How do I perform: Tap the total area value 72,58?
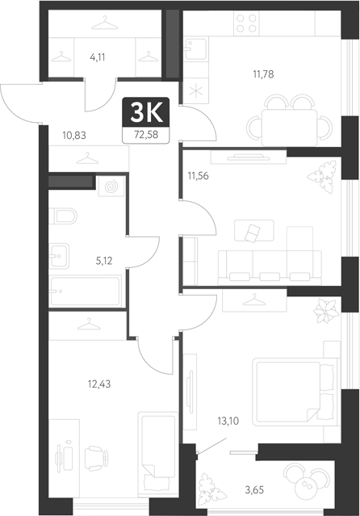point(146,134)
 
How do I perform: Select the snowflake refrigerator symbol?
point(194,90)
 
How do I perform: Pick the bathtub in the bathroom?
point(84,288)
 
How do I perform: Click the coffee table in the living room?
point(249,233)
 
